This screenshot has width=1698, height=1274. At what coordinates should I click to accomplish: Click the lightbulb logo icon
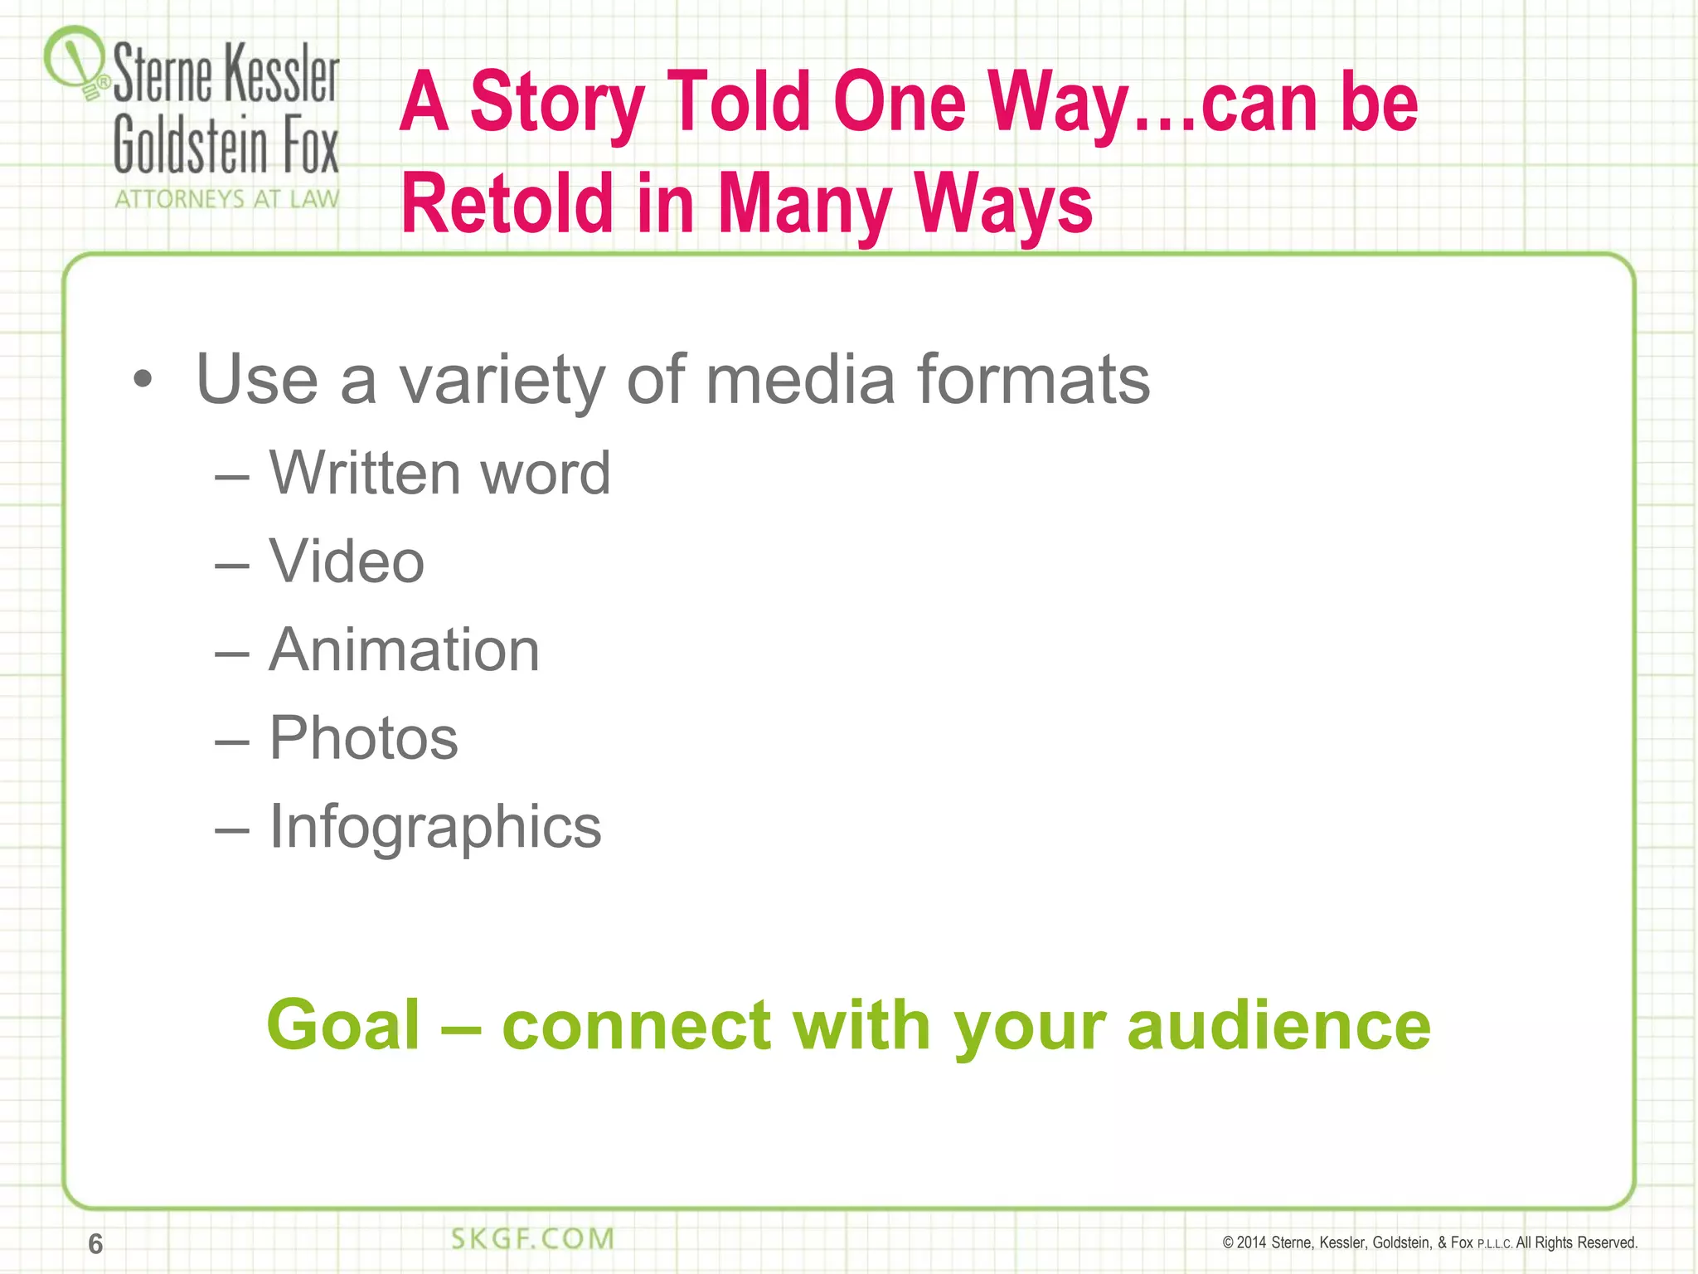(x=76, y=61)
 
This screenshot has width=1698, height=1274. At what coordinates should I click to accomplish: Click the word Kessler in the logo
(x=282, y=75)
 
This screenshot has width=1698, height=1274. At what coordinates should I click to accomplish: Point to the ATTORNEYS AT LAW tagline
(x=226, y=199)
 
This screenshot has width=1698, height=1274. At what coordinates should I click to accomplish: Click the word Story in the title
(x=558, y=103)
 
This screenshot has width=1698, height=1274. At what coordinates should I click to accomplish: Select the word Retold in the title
(x=506, y=203)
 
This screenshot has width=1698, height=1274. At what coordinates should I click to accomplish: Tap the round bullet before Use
(x=143, y=380)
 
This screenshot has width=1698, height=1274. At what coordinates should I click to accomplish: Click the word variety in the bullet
(x=502, y=380)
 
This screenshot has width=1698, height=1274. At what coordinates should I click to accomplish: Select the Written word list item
(x=439, y=473)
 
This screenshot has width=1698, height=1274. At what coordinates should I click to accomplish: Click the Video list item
(x=347, y=562)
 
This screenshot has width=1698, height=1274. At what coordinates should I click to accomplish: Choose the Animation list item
(x=405, y=649)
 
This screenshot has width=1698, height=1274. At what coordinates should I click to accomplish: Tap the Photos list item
(x=363, y=738)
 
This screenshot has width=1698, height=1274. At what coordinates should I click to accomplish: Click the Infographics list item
(x=435, y=827)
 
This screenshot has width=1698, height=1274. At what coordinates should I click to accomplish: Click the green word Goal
(x=343, y=1025)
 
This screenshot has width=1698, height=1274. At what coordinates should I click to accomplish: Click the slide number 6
(x=95, y=1243)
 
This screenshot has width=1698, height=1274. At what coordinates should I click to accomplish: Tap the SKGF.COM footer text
(x=532, y=1238)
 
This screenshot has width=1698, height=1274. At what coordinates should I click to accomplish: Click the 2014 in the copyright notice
(x=1251, y=1242)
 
